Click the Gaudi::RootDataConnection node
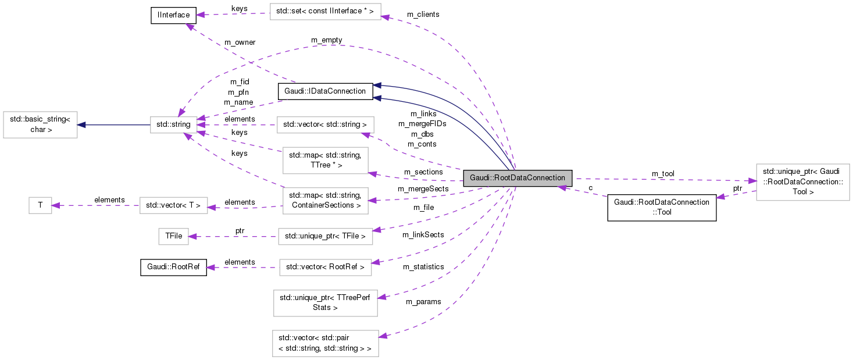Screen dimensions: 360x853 (x=517, y=178)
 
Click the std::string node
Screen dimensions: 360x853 (x=173, y=124)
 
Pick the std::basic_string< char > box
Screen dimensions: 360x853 (x=40, y=124)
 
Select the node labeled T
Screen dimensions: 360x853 (x=40, y=205)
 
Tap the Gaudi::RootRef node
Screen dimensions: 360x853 (x=173, y=268)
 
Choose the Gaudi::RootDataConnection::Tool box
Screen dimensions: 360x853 (x=661, y=208)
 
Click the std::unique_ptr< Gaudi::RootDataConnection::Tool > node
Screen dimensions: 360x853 (x=802, y=182)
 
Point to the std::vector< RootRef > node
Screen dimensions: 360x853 (x=326, y=268)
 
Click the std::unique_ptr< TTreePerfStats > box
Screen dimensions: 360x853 (x=326, y=302)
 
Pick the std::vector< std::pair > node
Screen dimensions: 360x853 (x=326, y=343)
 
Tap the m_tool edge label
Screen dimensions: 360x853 (x=662, y=174)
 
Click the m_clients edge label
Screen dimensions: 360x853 (x=423, y=14)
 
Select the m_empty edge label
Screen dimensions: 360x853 (x=326, y=40)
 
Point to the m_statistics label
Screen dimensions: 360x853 (x=423, y=266)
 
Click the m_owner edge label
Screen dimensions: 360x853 (x=240, y=42)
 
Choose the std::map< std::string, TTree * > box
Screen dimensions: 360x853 (x=324, y=160)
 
